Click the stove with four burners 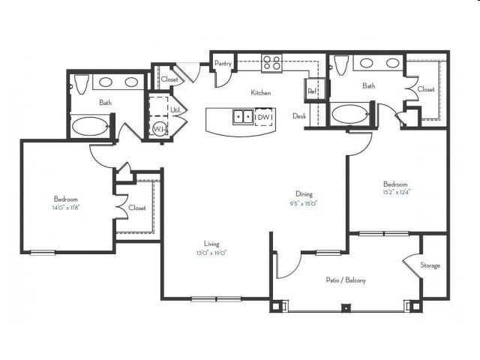[x=271, y=64]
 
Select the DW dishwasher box [x=263, y=118]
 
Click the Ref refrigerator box [x=312, y=91]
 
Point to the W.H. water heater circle [x=160, y=129]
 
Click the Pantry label [x=223, y=64]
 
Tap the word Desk [x=299, y=116]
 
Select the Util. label [x=175, y=110]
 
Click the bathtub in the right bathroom [x=351, y=114]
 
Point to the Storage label [x=430, y=265]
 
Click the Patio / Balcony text [x=346, y=280]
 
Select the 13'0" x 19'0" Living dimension [x=211, y=253]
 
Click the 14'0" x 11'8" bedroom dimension [x=65, y=208]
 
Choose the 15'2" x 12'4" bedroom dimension [x=396, y=192]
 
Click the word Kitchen [x=260, y=93]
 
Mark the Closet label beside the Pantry [x=169, y=79]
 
